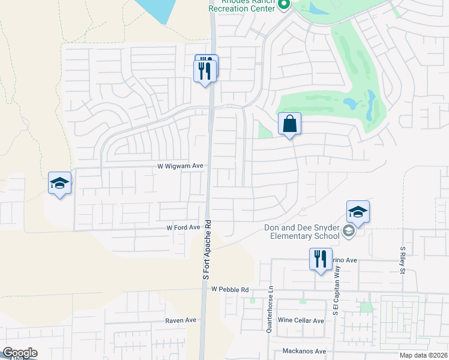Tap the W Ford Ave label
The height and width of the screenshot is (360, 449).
click(x=183, y=228)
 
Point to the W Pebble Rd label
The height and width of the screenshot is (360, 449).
click(x=230, y=289)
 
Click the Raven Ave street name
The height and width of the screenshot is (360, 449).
click(x=182, y=320)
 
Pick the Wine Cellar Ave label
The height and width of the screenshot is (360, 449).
click(x=301, y=320)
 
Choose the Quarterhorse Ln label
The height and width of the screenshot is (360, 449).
click(x=270, y=309)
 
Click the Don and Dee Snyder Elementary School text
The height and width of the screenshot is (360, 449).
click(x=302, y=232)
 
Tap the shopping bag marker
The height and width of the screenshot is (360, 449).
click(x=289, y=124)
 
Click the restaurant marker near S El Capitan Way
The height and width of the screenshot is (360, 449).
click(x=320, y=259)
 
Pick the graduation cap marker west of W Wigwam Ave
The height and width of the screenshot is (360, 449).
click(x=60, y=183)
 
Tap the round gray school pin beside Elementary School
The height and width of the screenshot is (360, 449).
click(x=349, y=232)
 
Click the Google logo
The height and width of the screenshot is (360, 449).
click(x=20, y=353)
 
